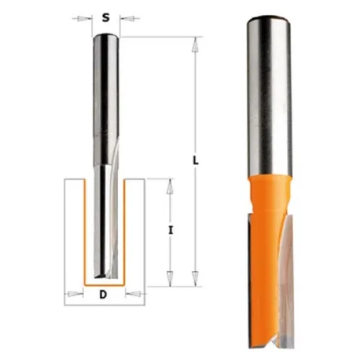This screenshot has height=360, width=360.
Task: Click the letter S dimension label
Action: pyautogui.click(x=105, y=18)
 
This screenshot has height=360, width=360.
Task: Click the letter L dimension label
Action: pyautogui.click(x=196, y=160)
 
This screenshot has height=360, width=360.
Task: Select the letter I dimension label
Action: pyautogui.click(x=171, y=230)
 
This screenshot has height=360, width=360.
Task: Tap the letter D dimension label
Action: pyautogui.click(x=104, y=295)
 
